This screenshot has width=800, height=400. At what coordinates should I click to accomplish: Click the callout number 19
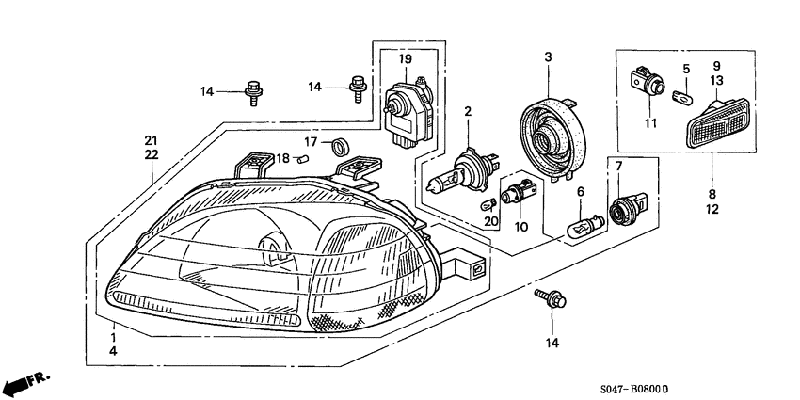[405, 59]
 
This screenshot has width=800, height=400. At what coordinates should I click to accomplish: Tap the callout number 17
[310, 143]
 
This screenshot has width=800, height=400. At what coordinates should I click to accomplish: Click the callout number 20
[488, 221]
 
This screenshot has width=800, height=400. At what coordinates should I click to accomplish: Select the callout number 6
[581, 191]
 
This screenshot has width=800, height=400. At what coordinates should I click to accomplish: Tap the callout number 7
[618, 167]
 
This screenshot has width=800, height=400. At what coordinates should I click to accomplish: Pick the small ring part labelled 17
[342, 145]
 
